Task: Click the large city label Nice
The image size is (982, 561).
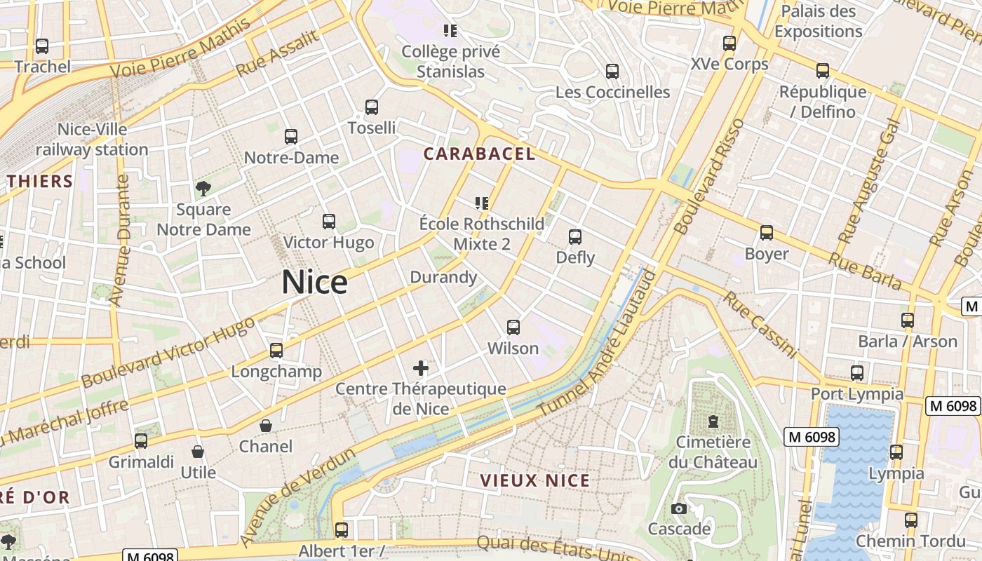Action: [314, 282]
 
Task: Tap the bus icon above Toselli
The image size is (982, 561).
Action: [372, 107]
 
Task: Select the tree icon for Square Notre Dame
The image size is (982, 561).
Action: [203, 188]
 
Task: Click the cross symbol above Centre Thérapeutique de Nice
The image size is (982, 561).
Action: [421, 367]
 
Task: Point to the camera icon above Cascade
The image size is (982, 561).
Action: [678, 508]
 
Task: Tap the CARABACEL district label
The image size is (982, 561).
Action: [480, 154]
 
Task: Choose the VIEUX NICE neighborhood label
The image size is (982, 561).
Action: [535, 480]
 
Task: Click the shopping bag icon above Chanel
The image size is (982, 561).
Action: [266, 426]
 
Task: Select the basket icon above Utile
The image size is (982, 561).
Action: [198, 452]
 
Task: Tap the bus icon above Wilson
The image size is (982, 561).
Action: [513, 327]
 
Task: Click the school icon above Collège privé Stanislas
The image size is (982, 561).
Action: [450, 31]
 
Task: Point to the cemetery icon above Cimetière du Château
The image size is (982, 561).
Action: [713, 421]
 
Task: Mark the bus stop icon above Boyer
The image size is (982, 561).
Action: [767, 233]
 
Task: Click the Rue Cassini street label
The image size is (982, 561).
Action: [760, 325]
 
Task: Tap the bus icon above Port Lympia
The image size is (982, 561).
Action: [857, 373]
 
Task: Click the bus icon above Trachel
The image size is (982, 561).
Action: [42, 46]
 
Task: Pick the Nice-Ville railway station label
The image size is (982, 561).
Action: [92, 140]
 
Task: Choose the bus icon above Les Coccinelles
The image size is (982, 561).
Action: [612, 72]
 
